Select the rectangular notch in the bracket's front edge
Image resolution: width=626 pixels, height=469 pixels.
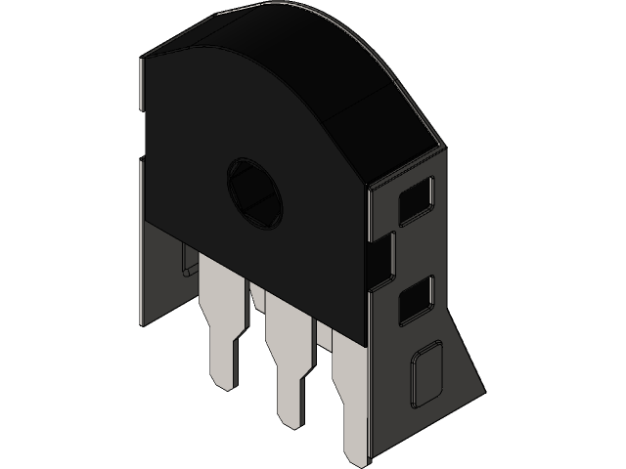click(x=380, y=256)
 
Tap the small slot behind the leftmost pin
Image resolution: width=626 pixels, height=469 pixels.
click(x=186, y=262)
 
